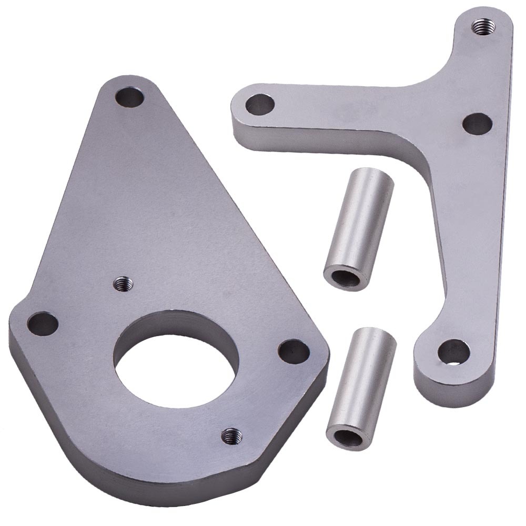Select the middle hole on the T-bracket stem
[x=477, y=124]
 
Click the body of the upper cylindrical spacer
[x=358, y=221]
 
